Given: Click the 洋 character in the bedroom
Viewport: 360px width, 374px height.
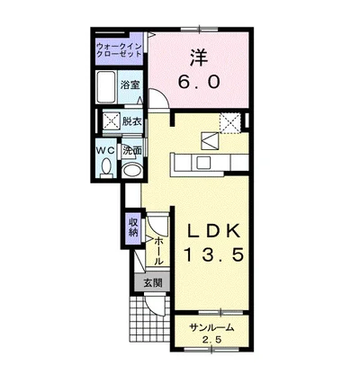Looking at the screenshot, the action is [199, 58].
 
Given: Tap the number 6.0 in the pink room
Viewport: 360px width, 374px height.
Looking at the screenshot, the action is [199, 82].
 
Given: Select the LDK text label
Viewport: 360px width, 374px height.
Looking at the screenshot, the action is [213, 231].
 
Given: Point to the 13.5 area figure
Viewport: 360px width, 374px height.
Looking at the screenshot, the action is [213, 255].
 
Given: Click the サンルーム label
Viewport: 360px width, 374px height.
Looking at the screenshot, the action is [211, 328].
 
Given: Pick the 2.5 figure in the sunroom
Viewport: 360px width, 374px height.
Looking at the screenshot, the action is [212, 340].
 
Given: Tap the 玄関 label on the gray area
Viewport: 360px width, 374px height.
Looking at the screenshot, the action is [152, 282].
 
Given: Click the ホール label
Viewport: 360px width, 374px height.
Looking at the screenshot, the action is [158, 251].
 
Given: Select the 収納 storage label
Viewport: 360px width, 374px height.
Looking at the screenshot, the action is [133, 227].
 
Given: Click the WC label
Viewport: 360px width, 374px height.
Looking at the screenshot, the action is [105, 150].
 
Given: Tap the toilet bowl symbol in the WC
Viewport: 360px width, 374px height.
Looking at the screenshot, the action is [106, 167].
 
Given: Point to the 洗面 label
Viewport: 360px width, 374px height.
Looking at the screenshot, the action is [132, 151].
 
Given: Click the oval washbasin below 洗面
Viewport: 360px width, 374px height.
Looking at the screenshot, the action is [132, 170].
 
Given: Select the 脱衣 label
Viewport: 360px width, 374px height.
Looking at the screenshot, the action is [131, 121].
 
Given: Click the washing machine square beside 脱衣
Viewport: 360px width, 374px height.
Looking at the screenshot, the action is [112, 121].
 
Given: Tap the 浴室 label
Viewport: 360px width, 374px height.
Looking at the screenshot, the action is [130, 85].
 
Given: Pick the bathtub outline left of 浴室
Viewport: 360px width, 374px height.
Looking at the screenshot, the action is [106, 87].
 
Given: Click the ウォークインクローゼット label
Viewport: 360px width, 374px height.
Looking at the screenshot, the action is [120, 50].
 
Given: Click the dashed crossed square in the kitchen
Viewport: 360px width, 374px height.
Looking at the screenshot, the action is [230, 123].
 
